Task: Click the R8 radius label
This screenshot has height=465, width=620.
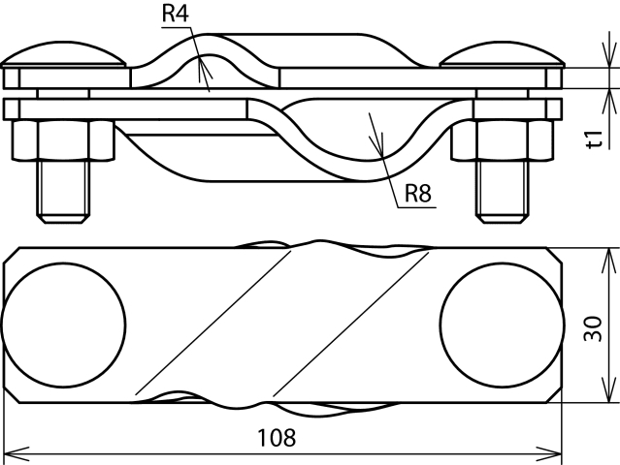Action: [x=417, y=194]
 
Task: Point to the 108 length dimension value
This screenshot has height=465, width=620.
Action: [x=277, y=437]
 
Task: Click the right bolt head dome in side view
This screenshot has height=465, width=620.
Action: [x=501, y=54]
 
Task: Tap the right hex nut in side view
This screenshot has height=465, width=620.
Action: [x=498, y=140]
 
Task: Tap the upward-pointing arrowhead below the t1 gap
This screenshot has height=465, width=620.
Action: [x=610, y=97]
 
